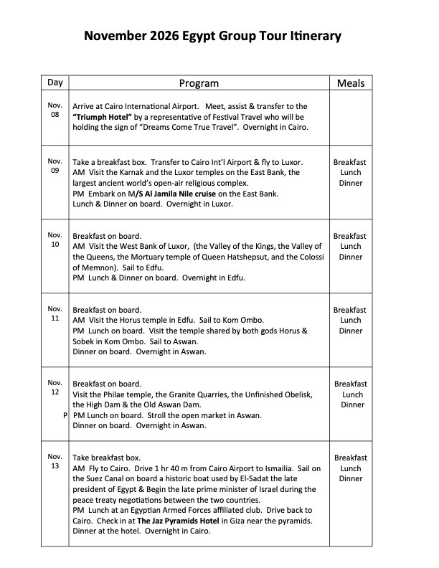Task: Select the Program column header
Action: [x=199, y=83]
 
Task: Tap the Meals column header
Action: [x=351, y=83]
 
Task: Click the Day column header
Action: [x=55, y=82]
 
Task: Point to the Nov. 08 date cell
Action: [x=55, y=110]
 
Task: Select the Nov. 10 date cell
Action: [x=55, y=240]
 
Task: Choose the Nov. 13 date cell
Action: [x=55, y=461]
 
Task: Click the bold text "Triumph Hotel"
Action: [x=100, y=116]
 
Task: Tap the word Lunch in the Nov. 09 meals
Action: [x=351, y=173]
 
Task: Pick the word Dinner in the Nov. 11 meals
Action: [x=351, y=331]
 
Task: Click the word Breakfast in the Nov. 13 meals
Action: [x=351, y=458]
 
